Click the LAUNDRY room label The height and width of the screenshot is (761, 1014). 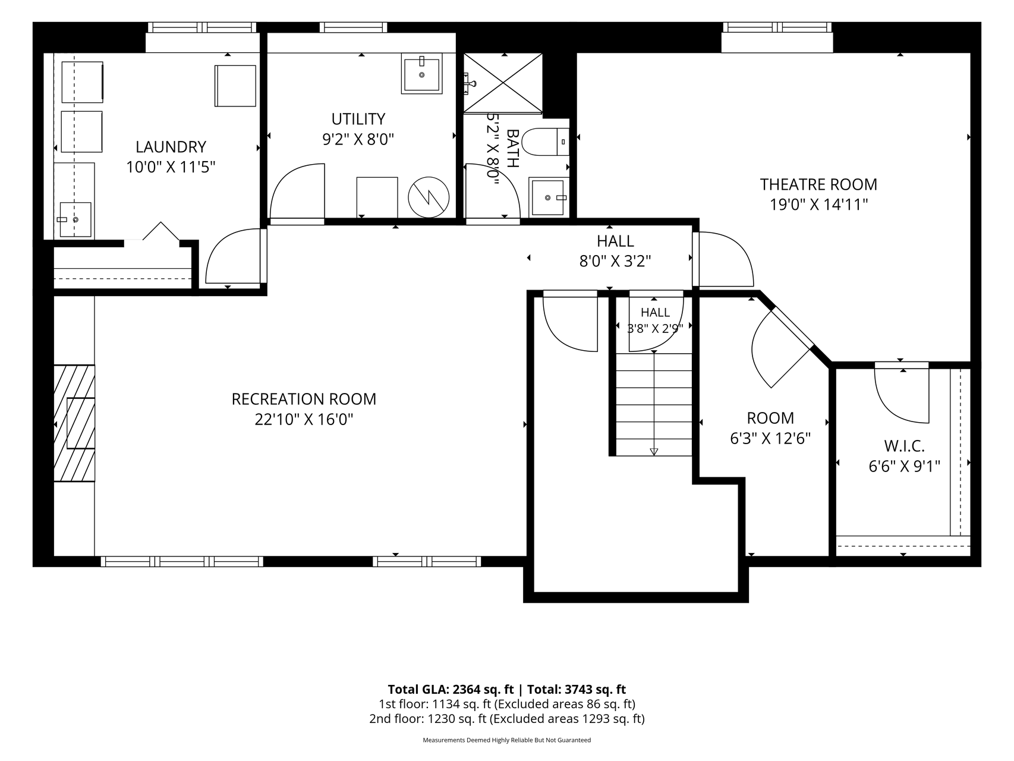pos(171,147)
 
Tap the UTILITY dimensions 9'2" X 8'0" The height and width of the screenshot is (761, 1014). pos(358,139)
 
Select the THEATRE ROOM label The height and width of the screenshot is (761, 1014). pos(818,184)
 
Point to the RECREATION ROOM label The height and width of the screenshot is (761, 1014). pos(304,399)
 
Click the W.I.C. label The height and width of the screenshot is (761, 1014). pos(904,446)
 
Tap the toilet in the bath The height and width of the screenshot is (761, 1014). pos(547,141)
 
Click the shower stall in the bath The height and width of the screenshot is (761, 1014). pos(503,83)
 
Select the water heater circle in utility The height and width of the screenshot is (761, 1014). pos(429,196)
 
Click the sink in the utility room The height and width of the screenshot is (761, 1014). pos(421,74)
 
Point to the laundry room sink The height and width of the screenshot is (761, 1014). pos(75,219)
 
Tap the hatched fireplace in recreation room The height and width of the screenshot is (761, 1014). pos(74,423)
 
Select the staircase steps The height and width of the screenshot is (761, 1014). pos(654,404)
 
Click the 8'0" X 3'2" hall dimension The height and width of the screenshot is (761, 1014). pos(615,261)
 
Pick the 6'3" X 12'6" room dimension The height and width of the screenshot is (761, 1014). pos(770,439)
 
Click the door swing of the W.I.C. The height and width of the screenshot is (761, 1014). pos(900,396)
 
